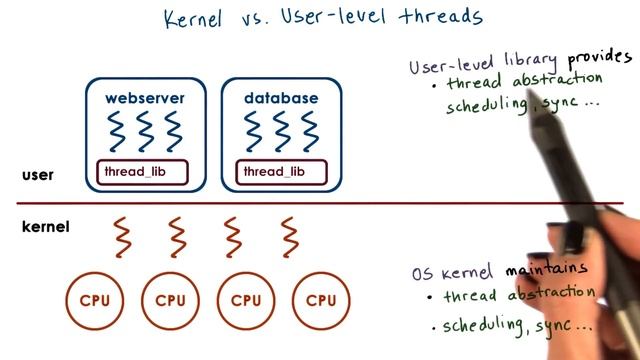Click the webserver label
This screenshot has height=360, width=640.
144,99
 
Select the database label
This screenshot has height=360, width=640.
281,99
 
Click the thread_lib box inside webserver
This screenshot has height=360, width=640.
142,173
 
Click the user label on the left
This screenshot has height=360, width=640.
37,176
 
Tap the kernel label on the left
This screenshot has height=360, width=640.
45,227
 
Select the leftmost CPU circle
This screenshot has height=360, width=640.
96,300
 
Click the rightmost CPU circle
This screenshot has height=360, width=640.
321,300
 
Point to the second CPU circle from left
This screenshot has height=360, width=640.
171,300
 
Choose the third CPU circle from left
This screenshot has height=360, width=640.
246,300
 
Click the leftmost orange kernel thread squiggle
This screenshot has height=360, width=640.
122,236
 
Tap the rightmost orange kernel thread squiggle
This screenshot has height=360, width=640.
291,236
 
